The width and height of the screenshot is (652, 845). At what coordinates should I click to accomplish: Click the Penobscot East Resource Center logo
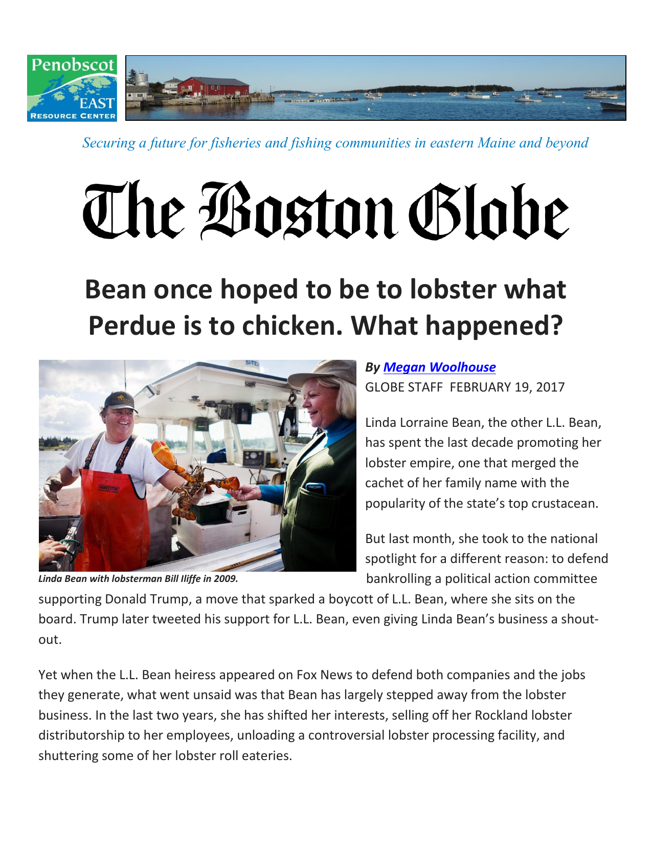tap(72, 88)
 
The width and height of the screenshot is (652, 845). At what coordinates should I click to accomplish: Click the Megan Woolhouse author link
tap(439, 367)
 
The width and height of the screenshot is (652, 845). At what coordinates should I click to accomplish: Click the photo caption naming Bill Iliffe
tap(138, 579)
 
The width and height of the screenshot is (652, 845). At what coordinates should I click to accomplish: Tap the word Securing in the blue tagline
tap(108, 143)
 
